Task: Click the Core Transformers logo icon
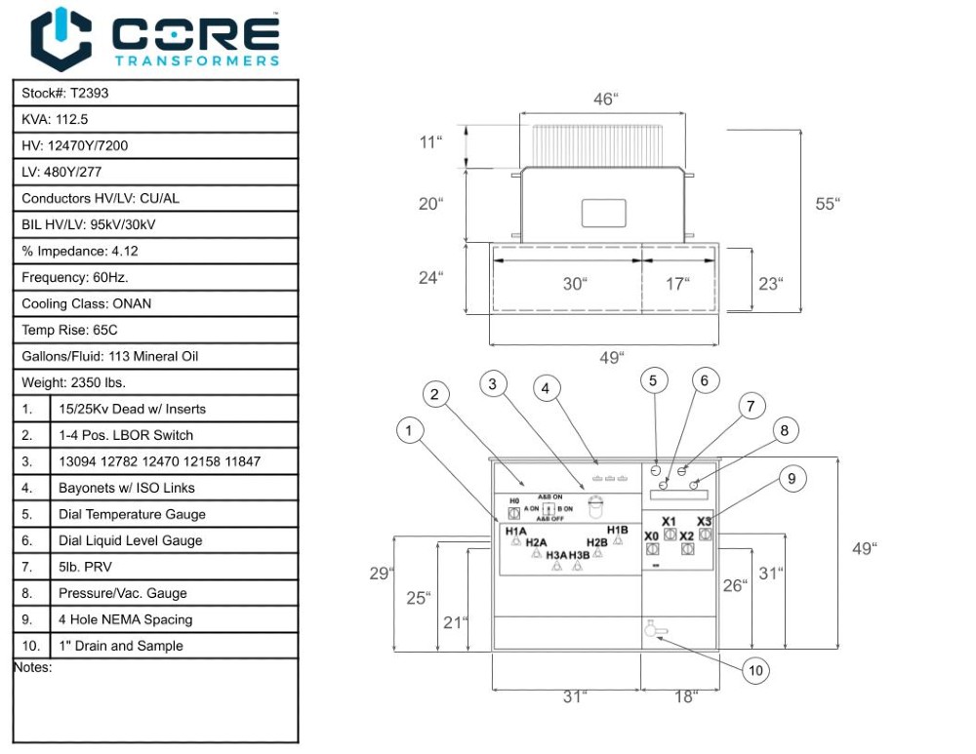click(x=61, y=38)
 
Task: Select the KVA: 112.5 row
click(x=55, y=120)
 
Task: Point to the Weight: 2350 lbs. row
click(x=73, y=383)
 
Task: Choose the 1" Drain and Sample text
click(x=120, y=647)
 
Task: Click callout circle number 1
click(x=411, y=428)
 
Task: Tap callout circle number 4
click(x=547, y=388)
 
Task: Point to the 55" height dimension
click(x=827, y=204)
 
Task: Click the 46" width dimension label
click(x=606, y=99)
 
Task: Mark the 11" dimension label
click(x=429, y=142)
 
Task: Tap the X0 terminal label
click(x=651, y=536)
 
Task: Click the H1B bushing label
click(x=617, y=531)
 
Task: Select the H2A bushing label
click(x=536, y=542)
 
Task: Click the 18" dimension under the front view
click(x=686, y=696)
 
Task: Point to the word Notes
click(x=32, y=668)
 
